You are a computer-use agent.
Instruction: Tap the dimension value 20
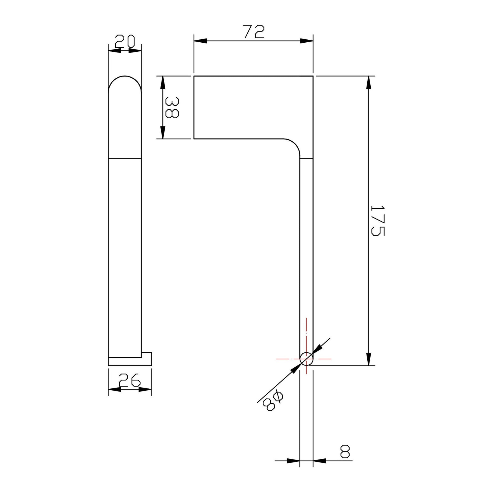[x=125, y=41]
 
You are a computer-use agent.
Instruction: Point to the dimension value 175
[x=378, y=221]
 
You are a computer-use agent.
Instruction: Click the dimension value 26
[x=130, y=379]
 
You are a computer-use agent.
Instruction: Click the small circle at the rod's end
[x=306, y=359]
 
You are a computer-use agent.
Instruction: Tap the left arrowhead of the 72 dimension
[x=200, y=41]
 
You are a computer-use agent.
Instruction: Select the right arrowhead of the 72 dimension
[x=306, y=41]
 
